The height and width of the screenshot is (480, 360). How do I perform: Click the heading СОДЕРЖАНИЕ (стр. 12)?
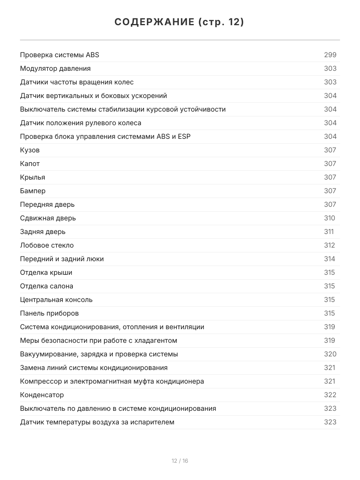(x=179, y=22)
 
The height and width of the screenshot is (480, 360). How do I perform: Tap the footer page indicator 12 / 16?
(x=180, y=461)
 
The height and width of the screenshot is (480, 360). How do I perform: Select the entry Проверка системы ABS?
(x=60, y=55)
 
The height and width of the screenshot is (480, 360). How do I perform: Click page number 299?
(x=330, y=55)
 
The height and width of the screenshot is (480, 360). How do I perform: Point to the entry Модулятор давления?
(x=55, y=68)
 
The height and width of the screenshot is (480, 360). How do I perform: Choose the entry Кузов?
(x=30, y=150)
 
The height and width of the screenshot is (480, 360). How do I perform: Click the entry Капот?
(x=30, y=164)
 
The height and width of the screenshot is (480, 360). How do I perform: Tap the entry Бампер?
(x=33, y=191)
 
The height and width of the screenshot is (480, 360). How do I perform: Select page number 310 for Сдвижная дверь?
(x=329, y=218)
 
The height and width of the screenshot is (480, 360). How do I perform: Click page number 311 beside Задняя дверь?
(x=329, y=232)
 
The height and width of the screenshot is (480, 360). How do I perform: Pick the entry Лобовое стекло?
(x=47, y=245)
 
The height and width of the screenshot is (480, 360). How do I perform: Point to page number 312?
(x=329, y=245)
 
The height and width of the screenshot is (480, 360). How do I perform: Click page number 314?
(x=329, y=259)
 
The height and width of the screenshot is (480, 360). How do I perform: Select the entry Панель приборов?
(x=49, y=313)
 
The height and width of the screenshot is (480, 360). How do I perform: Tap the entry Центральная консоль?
(x=56, y=300)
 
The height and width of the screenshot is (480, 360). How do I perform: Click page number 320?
(x=330, y=354)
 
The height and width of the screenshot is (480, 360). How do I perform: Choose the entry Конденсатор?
(x=42, y=395)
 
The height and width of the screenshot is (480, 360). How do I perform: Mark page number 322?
(x=330, y=395)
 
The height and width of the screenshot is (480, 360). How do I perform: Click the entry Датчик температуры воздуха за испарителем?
(x=97, y=422)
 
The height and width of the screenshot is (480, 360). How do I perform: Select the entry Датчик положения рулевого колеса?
(x=80, y=123)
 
